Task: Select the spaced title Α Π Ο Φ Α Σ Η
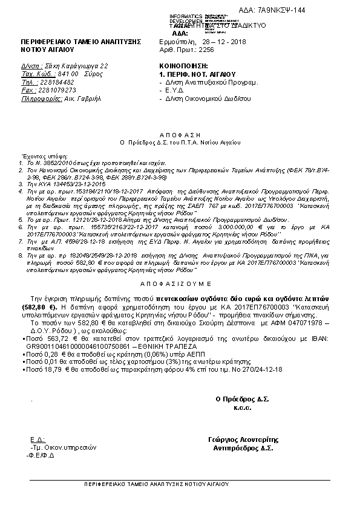(180, 137)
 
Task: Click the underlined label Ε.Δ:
(38, 439)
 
